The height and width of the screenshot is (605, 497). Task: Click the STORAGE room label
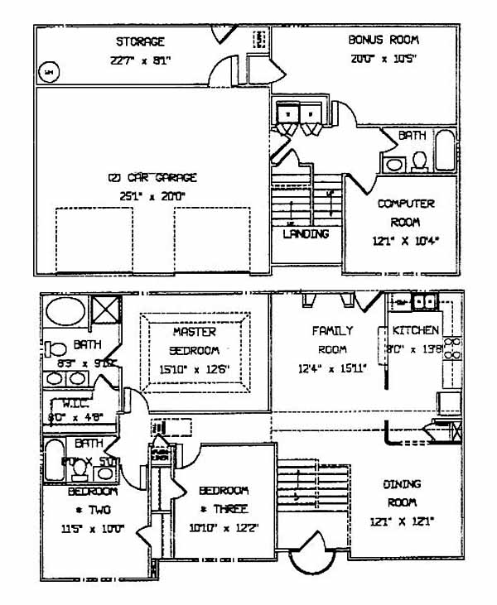click(x=140, y=41)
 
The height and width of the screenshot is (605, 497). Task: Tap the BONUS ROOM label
click(x=383, y=39)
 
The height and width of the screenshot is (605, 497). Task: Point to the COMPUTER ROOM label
click(x=405, y=213)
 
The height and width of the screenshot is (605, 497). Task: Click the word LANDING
click(x=306, y=233)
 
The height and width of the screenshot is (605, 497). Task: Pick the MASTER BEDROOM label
click(x=194, y=340)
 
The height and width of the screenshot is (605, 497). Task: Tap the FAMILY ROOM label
click(x=332, y=339)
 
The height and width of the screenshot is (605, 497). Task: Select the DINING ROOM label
click(x=402, y=493)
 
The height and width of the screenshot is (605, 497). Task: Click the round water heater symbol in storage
click(x=48, y=72)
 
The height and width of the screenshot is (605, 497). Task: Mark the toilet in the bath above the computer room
click(x=417, y=160)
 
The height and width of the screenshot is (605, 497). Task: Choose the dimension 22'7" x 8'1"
click(x=140, y=60)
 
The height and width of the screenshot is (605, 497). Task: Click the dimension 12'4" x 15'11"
click(x=332, y=368)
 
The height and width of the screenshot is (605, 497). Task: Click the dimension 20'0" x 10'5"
click(x=384, y=58)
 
